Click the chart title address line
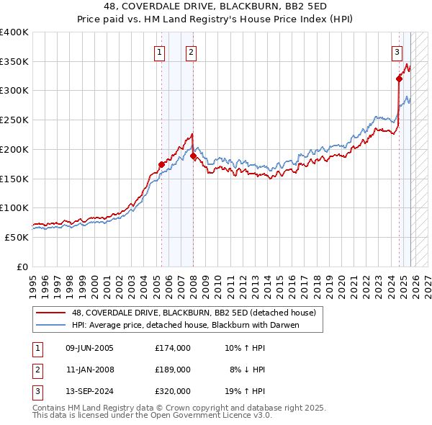click(x=216, y=6)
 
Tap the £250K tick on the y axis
click(x=14, y=120)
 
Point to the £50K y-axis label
click(x=17, y=237)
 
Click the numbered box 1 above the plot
click(x=159, y=52)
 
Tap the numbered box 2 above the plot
click(x=191, y=52)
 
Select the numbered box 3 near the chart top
click(x=397, y=52)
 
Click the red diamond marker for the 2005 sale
click(x=161, y=164)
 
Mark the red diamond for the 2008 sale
click(x=194, y=156)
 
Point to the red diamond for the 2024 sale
click(x=399, y=79)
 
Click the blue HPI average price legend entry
click(x=184, y=325)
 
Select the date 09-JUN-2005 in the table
click(x=89, y=348)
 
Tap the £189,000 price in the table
click(x=173, y=370)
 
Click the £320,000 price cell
click(x=173, y=391)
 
